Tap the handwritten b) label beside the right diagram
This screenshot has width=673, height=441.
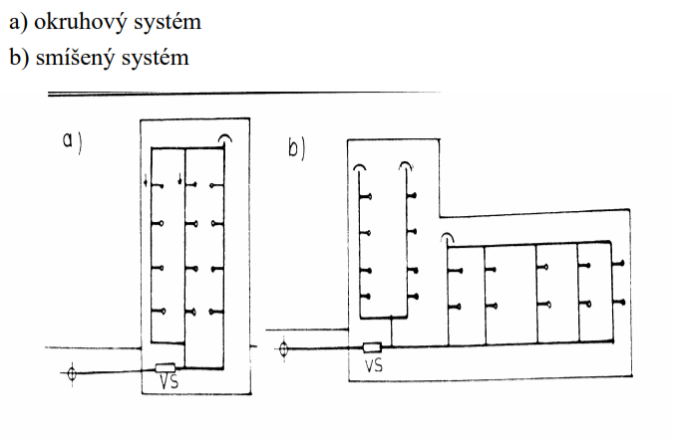[x=297, y=151]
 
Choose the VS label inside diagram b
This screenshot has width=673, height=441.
[x=375, y=365]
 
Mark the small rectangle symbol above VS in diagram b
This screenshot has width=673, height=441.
[x=374, y=347]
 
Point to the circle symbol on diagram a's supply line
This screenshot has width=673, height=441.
[x=70, y=375]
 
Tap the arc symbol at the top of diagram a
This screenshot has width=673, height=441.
[x=226, y=139]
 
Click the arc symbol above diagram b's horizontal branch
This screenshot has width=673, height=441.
[x=449, y=238]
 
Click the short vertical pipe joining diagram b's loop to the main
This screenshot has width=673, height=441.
[x=393, y=332]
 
